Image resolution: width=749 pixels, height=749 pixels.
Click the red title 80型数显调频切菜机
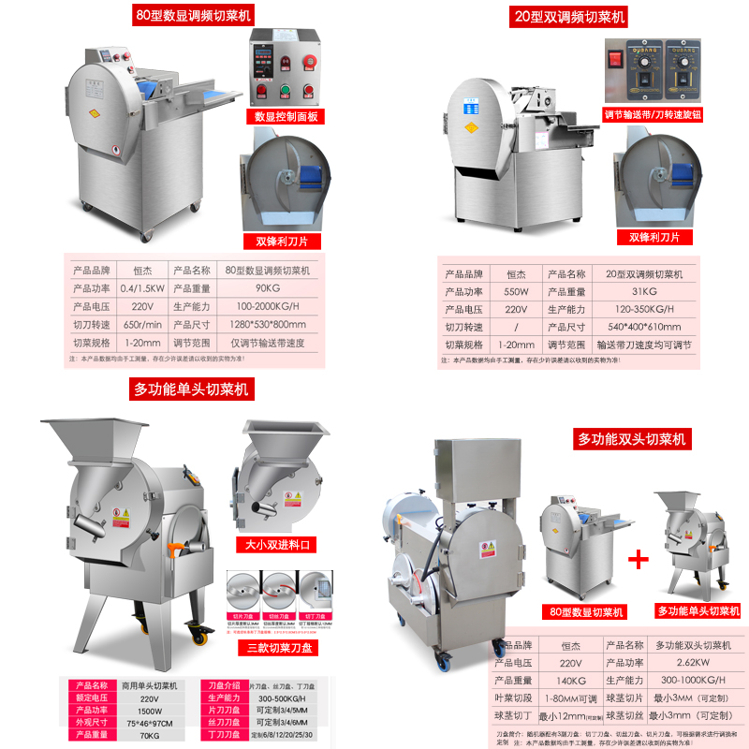[193, 16]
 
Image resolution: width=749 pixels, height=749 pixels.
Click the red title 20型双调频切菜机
[569, 17]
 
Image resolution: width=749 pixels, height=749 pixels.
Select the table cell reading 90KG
[267, 287]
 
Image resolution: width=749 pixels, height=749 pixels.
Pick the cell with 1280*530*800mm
[267, 324]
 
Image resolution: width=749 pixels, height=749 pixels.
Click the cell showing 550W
[516, 291]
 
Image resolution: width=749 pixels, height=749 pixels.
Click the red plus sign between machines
[638, 560]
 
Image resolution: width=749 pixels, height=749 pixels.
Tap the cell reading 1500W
[144, 711]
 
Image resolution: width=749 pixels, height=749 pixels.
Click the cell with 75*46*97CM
[144, 723]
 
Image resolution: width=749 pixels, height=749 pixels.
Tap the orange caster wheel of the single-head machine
[199, 639]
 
